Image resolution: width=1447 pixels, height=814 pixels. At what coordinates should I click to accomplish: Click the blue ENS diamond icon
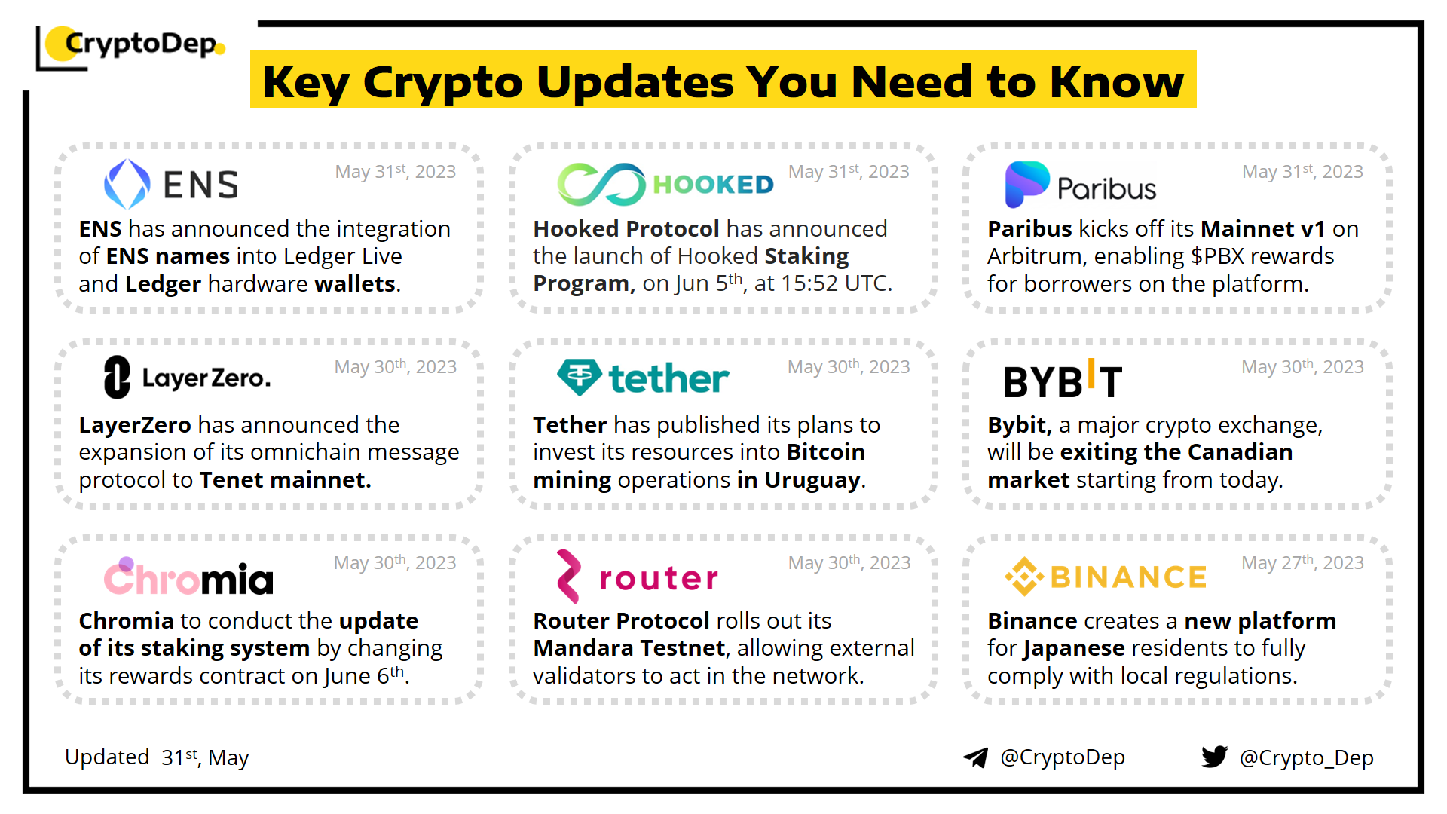click(x=127, y=184)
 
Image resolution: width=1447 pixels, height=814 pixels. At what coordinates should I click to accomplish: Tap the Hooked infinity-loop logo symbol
click(x=601, y=184)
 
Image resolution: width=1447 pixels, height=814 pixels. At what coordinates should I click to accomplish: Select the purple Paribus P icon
click(x=1027, y=184)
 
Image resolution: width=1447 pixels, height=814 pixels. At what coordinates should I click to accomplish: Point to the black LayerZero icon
click(x=117, y=377)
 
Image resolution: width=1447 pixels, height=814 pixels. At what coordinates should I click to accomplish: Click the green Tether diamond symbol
click(x=580, y=377)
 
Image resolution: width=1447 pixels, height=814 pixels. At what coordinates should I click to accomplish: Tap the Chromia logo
click(x=188, y=577)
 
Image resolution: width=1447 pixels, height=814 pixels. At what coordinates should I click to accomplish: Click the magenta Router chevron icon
click(x=569, y=577)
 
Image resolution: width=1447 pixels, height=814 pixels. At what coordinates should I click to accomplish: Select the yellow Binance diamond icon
click(x=1024, y=577)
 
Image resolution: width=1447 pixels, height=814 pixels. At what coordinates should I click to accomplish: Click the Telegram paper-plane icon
click(x=976, y=757)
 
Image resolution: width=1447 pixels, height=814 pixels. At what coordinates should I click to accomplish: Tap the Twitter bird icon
click(x=1215, y=757)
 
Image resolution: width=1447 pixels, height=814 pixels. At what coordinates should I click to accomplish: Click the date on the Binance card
click(x=1302, y=563)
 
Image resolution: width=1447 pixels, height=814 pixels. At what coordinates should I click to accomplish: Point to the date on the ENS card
click(x=396, y=172)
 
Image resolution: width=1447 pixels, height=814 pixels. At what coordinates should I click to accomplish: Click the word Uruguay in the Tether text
click(x=812, y=480)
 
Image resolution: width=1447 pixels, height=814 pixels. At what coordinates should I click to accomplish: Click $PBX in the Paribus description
click(x=1217, y=256)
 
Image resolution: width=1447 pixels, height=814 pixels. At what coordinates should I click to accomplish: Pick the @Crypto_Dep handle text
click(x=1307, y=757)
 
